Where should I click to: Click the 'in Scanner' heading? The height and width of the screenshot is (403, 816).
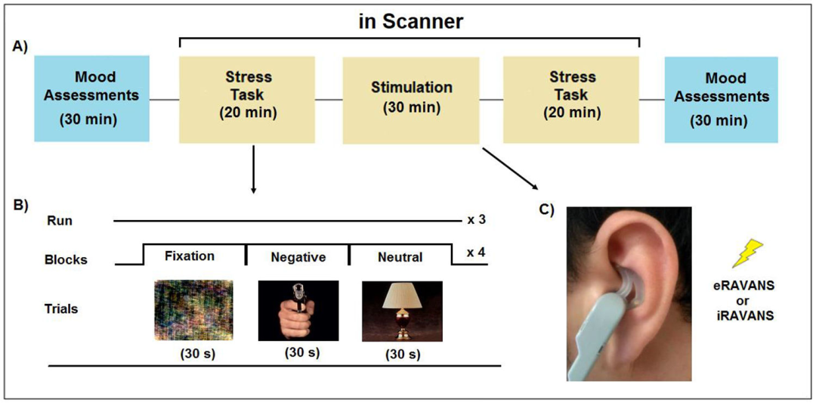pyautogui.click(x=410, y=22)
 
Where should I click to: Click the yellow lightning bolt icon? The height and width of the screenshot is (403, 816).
pyautogui.click(x=747, y=253)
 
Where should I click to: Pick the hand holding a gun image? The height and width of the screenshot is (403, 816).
pyautogui.click(x=298, y=310)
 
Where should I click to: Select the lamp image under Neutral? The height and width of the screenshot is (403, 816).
pyautogui.click(x=402, y=311)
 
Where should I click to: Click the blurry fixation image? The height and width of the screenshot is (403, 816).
pyautogui.click(x=193, y=310)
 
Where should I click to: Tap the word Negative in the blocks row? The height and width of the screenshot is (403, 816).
pyautogui.click(x=297, y=257)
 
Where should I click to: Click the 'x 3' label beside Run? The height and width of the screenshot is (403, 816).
pyautogui.click(x=476, y=220)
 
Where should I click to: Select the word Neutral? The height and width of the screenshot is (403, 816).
pyautogui.click(x=400, y=257)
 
